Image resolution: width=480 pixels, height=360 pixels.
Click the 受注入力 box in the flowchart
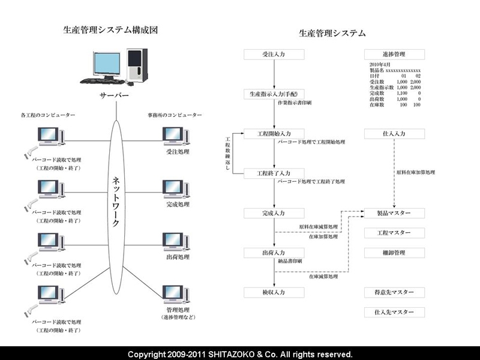[274, 55]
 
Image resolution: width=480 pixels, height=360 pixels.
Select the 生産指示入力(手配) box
[274, 94]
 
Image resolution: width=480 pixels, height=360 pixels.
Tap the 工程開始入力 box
[274, 133]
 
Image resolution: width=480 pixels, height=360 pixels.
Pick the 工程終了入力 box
[274, 173]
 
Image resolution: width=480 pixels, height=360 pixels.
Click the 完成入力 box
[274, 213]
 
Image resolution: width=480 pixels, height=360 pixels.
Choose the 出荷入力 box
[274, 253]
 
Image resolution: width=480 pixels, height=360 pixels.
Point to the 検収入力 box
[274, 292]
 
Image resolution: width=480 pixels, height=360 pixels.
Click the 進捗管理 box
[394, 55]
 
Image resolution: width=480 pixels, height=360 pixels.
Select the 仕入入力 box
[394, 133]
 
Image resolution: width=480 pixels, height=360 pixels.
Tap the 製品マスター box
[394, 213]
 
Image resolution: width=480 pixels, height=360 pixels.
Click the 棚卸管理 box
[394, 253]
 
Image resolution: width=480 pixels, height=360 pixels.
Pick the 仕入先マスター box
[394, 312]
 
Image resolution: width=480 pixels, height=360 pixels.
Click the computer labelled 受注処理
[176, 137]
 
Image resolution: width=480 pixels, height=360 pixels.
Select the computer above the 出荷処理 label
[176, 241]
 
